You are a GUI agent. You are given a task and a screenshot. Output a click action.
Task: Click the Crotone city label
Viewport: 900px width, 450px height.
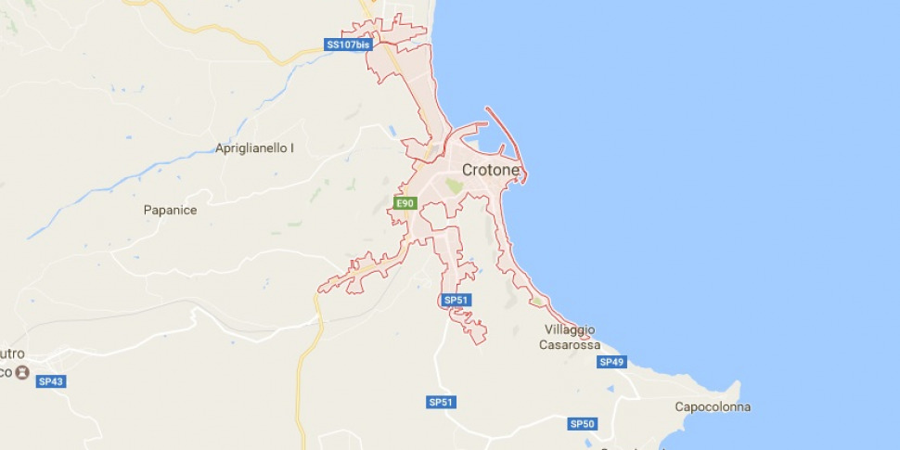(491, 171)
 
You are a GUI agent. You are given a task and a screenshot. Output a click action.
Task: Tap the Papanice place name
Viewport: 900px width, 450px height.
(170, 211)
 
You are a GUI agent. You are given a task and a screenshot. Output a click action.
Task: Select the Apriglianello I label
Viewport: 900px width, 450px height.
(254, 148)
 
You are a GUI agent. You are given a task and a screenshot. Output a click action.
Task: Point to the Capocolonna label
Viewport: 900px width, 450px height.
(713, 407)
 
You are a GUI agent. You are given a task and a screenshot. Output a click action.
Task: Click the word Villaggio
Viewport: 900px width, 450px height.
(570, 330)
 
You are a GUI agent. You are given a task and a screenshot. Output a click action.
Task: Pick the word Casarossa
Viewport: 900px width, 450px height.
(570, 345)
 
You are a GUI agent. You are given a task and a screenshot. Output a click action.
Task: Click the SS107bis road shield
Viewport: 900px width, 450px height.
(347, 45)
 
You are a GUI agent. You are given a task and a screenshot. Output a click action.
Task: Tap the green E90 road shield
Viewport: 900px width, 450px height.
(404, 203)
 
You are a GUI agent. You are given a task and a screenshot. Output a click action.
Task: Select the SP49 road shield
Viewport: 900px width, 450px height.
(611, 362)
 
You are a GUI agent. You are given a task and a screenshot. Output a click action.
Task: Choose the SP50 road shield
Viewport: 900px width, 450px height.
(582, 424)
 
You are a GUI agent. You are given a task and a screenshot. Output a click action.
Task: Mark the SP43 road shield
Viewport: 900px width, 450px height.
(50, 381)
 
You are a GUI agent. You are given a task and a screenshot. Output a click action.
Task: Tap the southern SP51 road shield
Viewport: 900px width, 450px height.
(442, 402)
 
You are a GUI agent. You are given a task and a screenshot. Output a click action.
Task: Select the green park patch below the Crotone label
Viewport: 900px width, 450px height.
(454, 186)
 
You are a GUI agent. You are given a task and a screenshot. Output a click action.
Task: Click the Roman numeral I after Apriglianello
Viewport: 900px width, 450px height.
(291, 148)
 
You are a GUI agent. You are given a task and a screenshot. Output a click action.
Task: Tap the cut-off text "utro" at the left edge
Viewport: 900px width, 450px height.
(12, 354)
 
